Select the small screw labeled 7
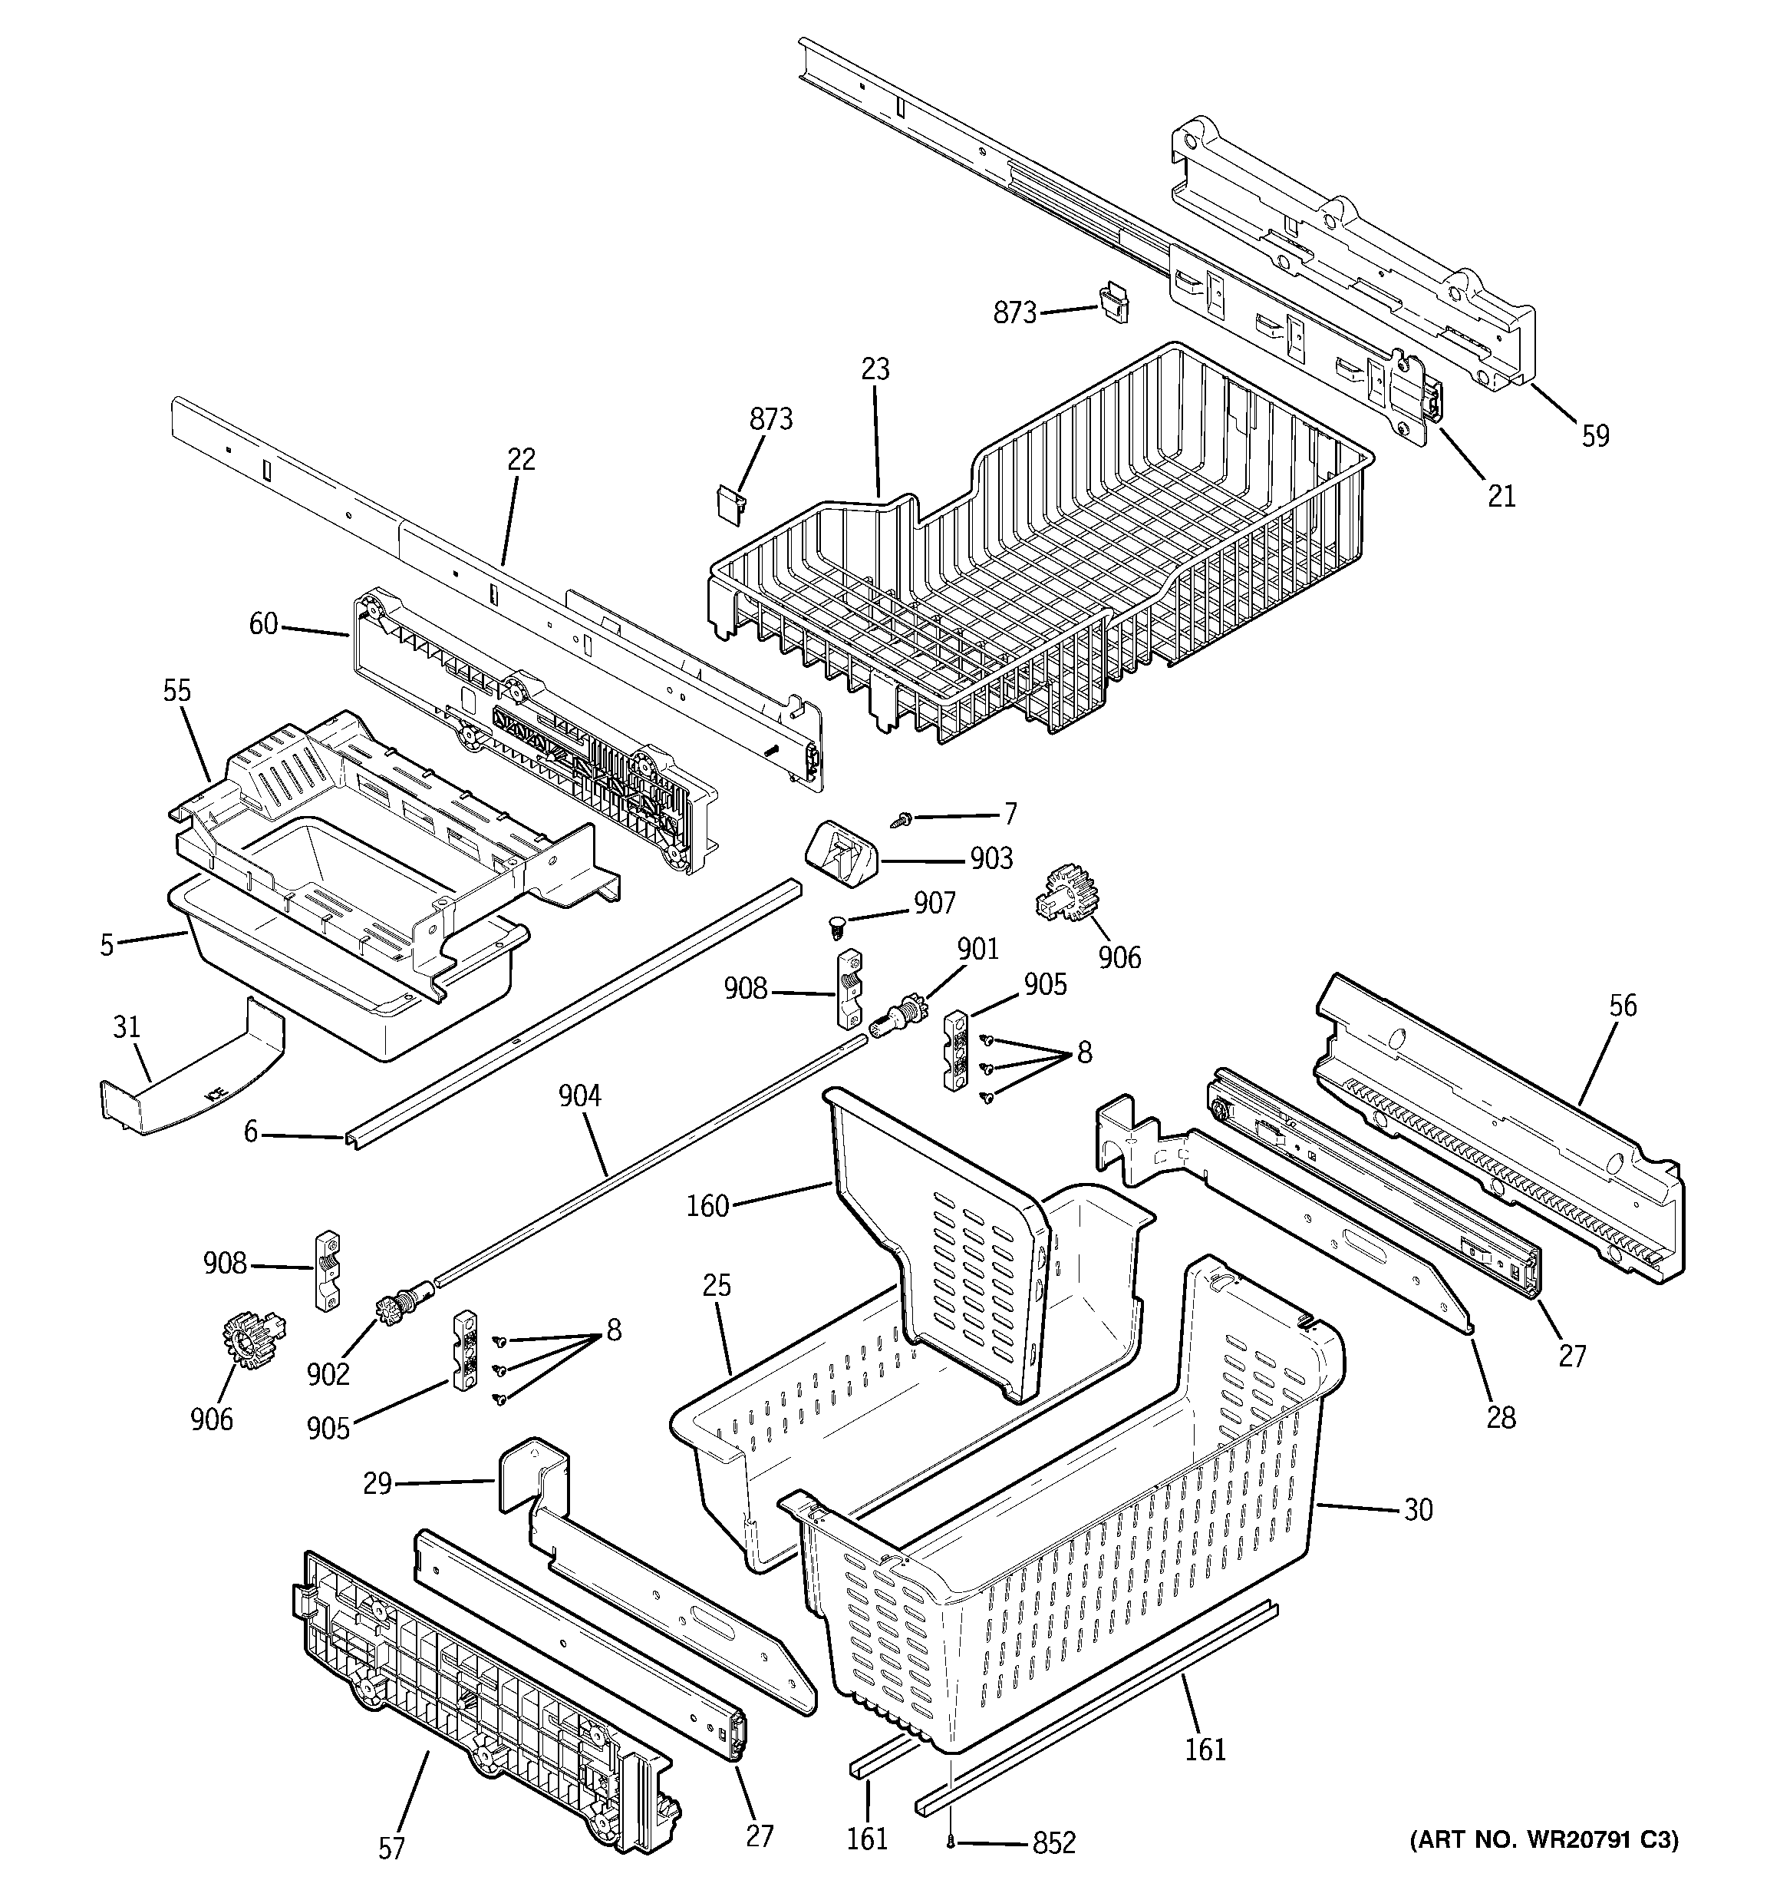(x=902, y=819)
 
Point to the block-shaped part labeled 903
(x=842, y=854)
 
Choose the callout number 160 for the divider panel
(x=708, y=1206)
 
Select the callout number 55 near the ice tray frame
(x=176, y=691)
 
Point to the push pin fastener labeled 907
(x=838, y=924)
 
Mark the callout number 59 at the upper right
(x=1596, y=436)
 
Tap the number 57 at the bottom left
(x=392, y=1849)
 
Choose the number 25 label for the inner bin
(x=717, y=1287)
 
